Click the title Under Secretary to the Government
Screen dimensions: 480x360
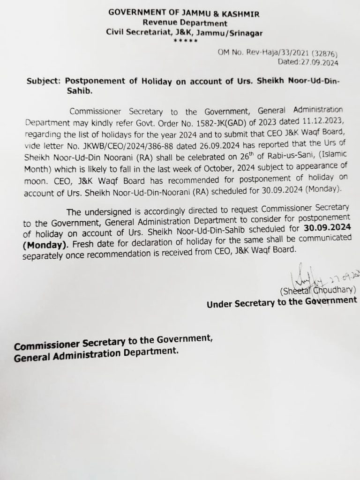point(281,302)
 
